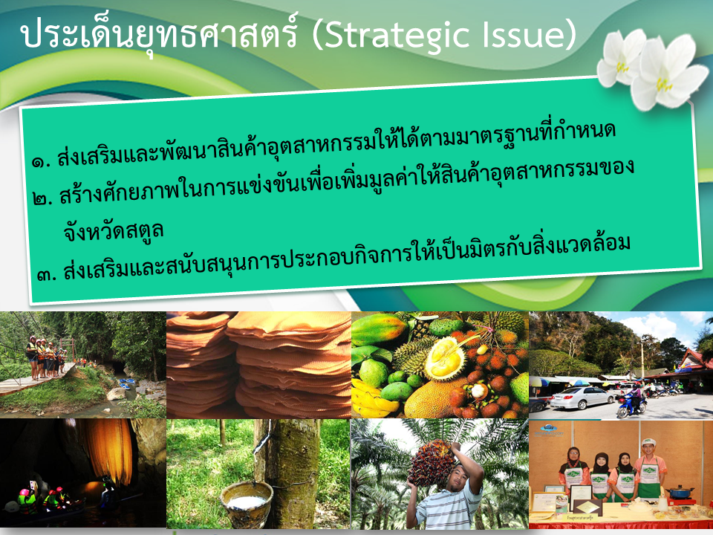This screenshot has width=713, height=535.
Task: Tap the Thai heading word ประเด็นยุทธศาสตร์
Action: click(159, 36)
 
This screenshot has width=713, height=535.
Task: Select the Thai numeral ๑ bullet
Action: click(41, 161)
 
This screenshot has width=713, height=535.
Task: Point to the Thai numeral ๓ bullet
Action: click(46, 274)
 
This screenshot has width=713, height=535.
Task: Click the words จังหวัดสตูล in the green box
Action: click(114, 231)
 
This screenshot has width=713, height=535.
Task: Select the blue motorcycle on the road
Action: click(631, 404)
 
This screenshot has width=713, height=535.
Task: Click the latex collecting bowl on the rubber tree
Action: click(247, 504)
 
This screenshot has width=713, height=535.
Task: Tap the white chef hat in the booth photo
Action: click(649, 441)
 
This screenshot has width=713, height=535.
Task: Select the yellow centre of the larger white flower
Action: click(663, 84)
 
